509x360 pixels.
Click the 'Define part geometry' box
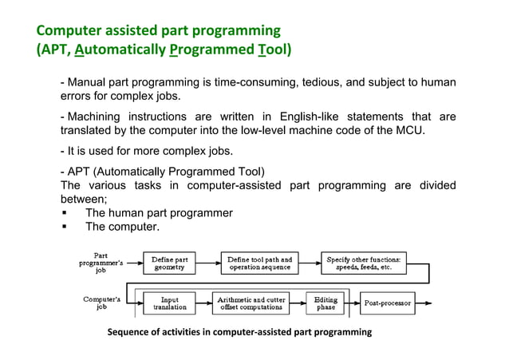(x=169, y=263)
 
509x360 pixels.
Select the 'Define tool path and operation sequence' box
(x=259, y=263)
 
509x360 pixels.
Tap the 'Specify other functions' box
(x=363, y=263)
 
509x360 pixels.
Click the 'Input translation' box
(x=169, y=303)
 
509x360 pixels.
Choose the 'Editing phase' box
(x=326, y=303)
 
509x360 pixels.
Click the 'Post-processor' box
(x=387, y=303)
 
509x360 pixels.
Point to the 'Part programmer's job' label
(x=101, y=263)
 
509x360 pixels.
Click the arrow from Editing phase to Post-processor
(x=352, y=303)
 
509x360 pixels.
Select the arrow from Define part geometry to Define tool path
(x=208, y=263)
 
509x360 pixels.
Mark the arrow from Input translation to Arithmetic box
(x=203, y=303)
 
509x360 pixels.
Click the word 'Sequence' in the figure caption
(x=129, y=332)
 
